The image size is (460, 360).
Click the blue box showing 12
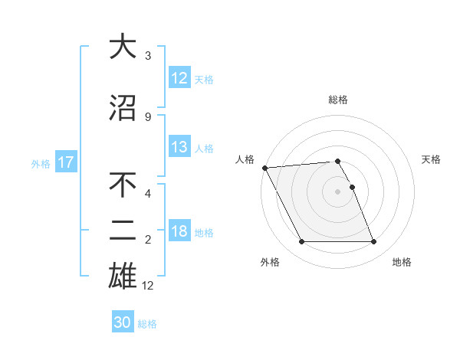click(x=179, y=77)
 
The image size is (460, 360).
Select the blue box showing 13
click(x=179, y=147)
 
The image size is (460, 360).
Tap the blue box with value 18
click(x=179, y=231)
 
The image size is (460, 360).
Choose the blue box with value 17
click(x=65, y=162)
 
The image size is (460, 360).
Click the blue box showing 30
click(x=123, y=322)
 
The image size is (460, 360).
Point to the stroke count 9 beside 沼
click(x=148, y=116)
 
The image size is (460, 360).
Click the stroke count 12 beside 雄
click(x=149, y=286)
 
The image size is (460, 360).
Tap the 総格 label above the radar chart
click(x=337, y=100)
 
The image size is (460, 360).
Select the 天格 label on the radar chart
click(x=432, y=159)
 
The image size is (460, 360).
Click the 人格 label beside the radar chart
click(x=245, y=159)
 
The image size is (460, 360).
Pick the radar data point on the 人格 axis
click(x=264, y=168)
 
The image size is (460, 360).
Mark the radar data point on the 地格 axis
click(x=373, y=242)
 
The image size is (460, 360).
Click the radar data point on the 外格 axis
click(x=301, y=242)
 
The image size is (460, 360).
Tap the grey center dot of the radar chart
click(x=337, y=191)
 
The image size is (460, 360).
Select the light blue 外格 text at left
click(x=41, y=163)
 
